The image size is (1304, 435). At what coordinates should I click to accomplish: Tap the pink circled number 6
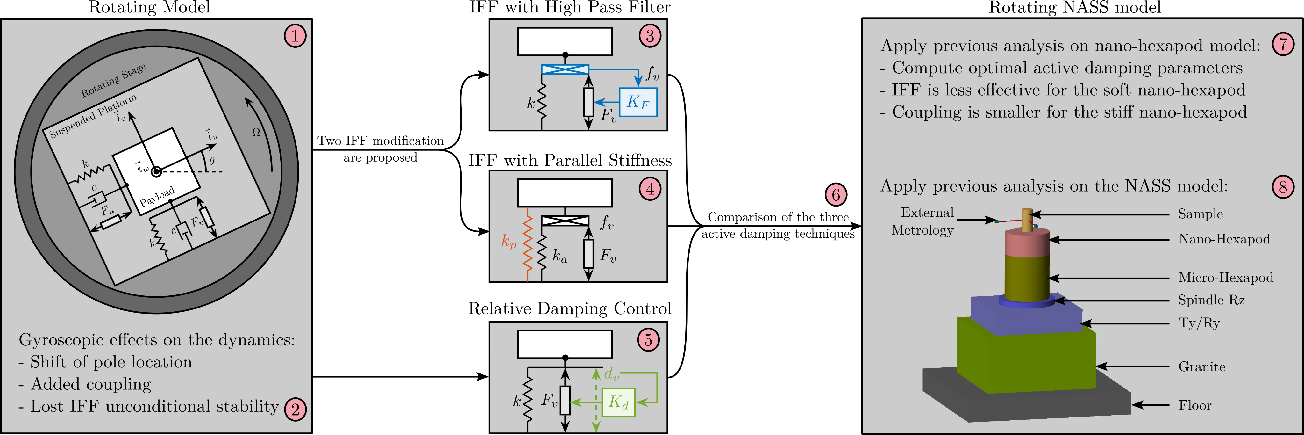coord(836,194)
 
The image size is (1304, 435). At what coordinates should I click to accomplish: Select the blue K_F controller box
coord(638,102)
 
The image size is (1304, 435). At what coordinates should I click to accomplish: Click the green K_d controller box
coord(619,402)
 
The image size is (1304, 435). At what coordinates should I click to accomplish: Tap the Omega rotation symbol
coord(256,132)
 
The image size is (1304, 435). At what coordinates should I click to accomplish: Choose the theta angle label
coord(211,161)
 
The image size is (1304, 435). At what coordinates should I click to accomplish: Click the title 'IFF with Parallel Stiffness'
coord(570,161)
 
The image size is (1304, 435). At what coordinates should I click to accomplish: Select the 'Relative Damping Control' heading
coord(570,308)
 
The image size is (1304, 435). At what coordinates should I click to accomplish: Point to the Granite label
coord(1202,366)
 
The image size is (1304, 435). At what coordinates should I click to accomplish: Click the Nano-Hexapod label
coord(1224,239)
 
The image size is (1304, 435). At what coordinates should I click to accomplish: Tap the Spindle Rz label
coord(1211,300)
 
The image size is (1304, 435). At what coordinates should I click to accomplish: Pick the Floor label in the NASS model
coord(1195,405)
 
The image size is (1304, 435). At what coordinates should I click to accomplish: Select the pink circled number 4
coord(650,189)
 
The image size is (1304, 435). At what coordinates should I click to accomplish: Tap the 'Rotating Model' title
coord(149,8)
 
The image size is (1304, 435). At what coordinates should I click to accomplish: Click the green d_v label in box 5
coord(611,374)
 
